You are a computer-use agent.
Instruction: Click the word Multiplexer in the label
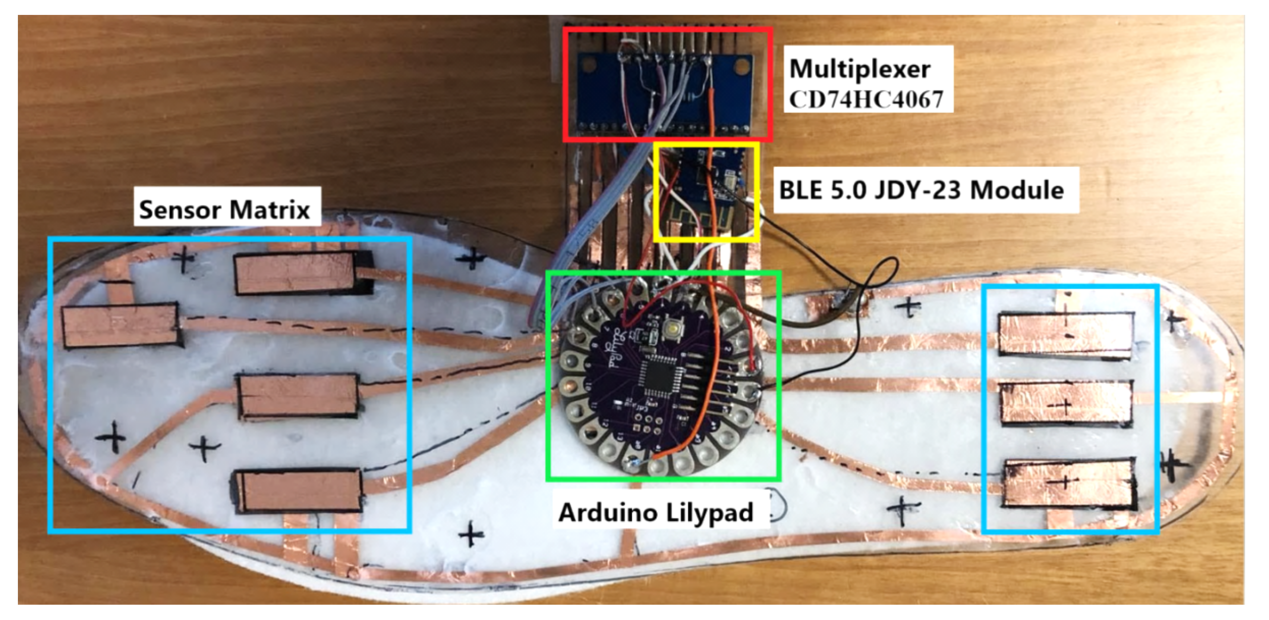(860, 69)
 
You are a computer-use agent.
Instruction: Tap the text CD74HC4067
(866, 100)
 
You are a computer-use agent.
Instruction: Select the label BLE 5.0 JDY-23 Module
(921, 190)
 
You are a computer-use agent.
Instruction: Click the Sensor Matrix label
(225, 210)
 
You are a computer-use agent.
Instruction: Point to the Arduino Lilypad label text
(656, 513)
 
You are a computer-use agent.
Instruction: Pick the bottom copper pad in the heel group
(1069, 483)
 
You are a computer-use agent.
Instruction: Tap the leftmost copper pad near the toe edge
(120, 325)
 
